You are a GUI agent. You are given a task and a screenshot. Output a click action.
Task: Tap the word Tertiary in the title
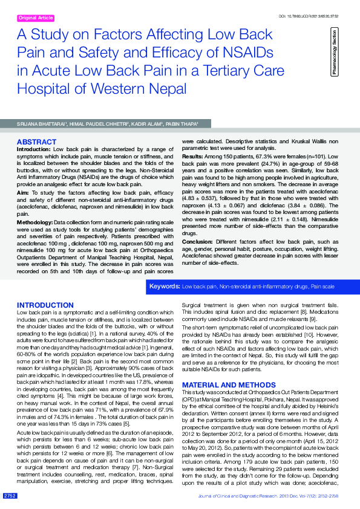[x=234, y=70]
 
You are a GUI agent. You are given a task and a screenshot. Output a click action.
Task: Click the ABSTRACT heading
[x=36, y=142]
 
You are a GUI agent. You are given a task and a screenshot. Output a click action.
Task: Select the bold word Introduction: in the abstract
[x=33, y=149]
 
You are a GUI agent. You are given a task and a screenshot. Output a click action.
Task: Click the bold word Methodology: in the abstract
[x=35, y=223]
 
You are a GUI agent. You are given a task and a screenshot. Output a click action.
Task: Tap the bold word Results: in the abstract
[x=192, y=157]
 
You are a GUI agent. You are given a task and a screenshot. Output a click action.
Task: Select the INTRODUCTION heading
[x=45, y=305]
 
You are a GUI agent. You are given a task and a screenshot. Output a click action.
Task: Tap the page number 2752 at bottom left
[x=10, y=496]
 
